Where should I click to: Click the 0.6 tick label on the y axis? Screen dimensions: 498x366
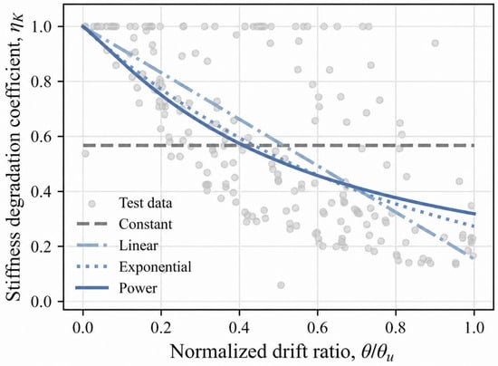[x=43, y=137]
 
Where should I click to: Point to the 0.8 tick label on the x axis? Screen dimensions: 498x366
[x=396, y=328]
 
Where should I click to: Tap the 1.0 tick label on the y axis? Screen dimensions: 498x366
[x=43, y=26]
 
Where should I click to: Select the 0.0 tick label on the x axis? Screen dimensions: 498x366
[x=83, y=328]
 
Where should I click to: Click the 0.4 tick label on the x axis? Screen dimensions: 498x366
[x=239, y=328]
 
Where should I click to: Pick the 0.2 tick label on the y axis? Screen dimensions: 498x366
[x=43, y=246]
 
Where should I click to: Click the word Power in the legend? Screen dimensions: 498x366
[x=139, y=288]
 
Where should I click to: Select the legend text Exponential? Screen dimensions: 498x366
[x=156, y=267]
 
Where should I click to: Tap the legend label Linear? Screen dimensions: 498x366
[x=139, y=246]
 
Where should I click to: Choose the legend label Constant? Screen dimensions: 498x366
[x=146, y=225]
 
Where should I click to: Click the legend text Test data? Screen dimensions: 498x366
[x=146, y=203]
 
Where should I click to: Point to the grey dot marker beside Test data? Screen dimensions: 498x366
[x=91, y=204]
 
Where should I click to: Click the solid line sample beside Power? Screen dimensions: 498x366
[x=91, y=288]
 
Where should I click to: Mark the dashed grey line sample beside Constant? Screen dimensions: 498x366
[x=91, y=224]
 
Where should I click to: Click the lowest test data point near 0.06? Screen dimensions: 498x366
[x=281, y=285]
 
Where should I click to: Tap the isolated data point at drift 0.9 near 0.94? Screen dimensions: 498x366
[x=436, y=43]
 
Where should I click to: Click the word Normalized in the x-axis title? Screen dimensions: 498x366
[x=216, y=352]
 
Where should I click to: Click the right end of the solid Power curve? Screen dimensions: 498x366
[x=475, y=214]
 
